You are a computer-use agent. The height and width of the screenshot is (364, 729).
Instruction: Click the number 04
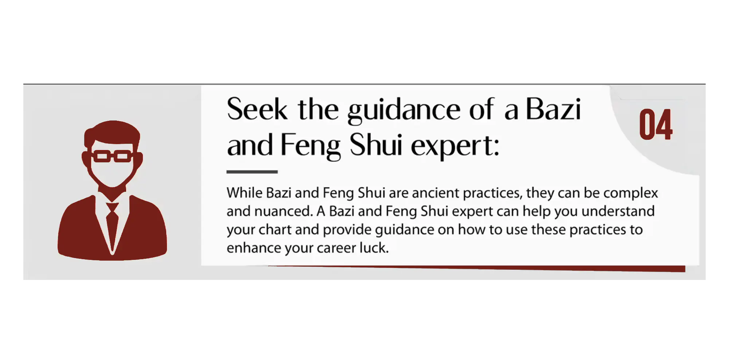[656, 124]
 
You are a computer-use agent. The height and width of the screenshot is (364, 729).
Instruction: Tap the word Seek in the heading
[257, 109]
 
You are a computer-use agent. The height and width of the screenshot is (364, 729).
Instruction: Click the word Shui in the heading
[376, 145]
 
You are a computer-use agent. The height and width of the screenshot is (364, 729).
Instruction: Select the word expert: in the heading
[455, 146]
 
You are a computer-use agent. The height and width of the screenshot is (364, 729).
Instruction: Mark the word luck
[374, 248]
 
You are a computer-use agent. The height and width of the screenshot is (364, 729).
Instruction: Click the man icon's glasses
[113, 156]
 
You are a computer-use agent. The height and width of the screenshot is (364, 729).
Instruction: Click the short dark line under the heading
[252, 171]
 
